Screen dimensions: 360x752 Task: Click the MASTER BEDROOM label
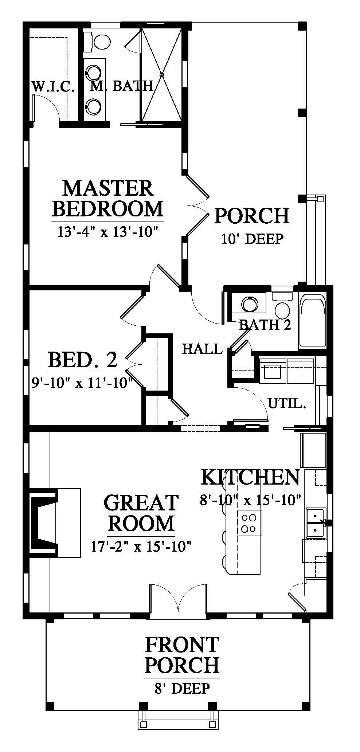107,199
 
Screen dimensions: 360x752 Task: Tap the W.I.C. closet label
54,86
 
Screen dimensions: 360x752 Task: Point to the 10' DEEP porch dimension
252,239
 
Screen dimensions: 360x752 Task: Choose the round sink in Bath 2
249,303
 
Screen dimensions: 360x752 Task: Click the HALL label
202,349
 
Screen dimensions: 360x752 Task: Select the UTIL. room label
286,403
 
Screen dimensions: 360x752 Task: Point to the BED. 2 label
83,360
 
